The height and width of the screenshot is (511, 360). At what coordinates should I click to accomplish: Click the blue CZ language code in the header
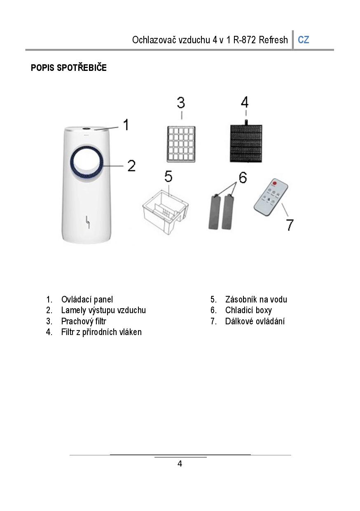tap(303, 40)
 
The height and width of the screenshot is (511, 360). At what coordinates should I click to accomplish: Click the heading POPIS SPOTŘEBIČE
tap(69, 68)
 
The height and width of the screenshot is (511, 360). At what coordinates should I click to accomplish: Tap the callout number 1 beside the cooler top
tap(126, 124)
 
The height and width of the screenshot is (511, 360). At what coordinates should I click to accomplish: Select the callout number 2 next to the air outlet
tap(131, 166)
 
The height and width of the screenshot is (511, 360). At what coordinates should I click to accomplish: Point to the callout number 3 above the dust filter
tap(181, 103)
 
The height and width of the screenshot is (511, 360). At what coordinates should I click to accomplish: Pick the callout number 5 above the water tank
tap(168, 176)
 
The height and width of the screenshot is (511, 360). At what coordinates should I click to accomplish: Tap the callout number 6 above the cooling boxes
tap(243, 178)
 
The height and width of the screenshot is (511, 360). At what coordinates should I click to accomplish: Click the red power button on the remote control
tap(275, 183)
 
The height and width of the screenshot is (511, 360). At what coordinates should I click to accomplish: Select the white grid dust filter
tap(181, 144)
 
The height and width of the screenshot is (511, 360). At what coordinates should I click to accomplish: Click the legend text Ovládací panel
tap(87, 300)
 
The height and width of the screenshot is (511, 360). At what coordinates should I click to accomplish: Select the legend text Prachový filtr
tap(84, 321)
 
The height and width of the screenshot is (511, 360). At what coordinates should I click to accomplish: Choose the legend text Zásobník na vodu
tap(256, 300)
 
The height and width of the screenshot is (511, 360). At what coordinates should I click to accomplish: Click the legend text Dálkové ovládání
tap(255, 321)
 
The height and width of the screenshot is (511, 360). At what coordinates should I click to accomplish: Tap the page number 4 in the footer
tap(180, 464)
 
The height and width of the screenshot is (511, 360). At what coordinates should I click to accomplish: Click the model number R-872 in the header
tap(245, 40)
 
